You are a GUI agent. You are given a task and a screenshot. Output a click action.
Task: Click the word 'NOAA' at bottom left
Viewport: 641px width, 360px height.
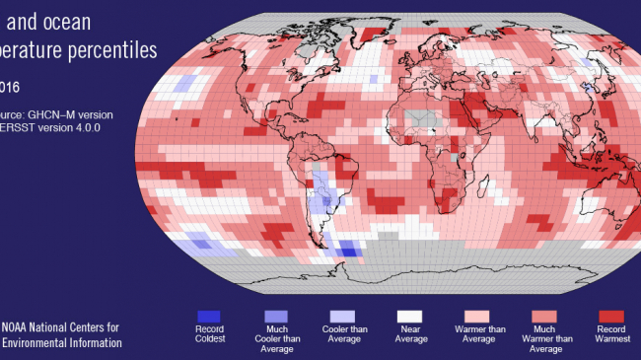[x=18, y=327]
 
